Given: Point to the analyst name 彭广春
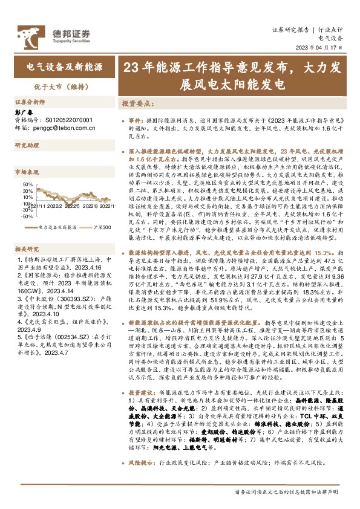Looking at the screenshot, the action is [22, 112].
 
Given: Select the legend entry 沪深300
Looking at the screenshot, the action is [102, 227].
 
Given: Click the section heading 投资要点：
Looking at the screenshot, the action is [136, 103].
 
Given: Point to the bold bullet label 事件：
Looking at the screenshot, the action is [135, 121].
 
